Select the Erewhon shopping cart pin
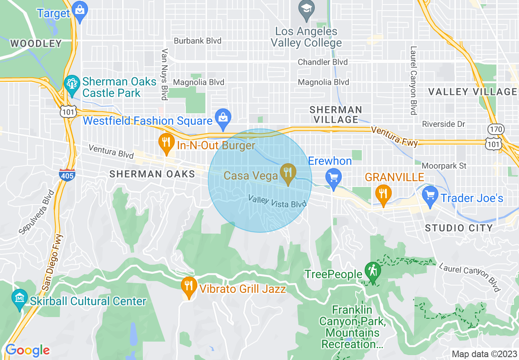[x=334, y=178]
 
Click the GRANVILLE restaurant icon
[x=383, y=193]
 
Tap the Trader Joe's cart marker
[x=430, y=195]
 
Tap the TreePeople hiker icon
[x=373, y=271]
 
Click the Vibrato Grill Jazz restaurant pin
[x=188, y=285]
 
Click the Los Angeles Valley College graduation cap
[x=306, y=9]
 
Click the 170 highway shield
[x=495, y=130]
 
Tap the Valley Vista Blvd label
[x=277, y=201]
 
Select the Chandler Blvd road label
[x=323, y=62]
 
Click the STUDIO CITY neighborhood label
[x=459, y=228]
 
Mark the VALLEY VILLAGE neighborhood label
[x=472, y=92]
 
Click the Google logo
[x=27, y=350]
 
